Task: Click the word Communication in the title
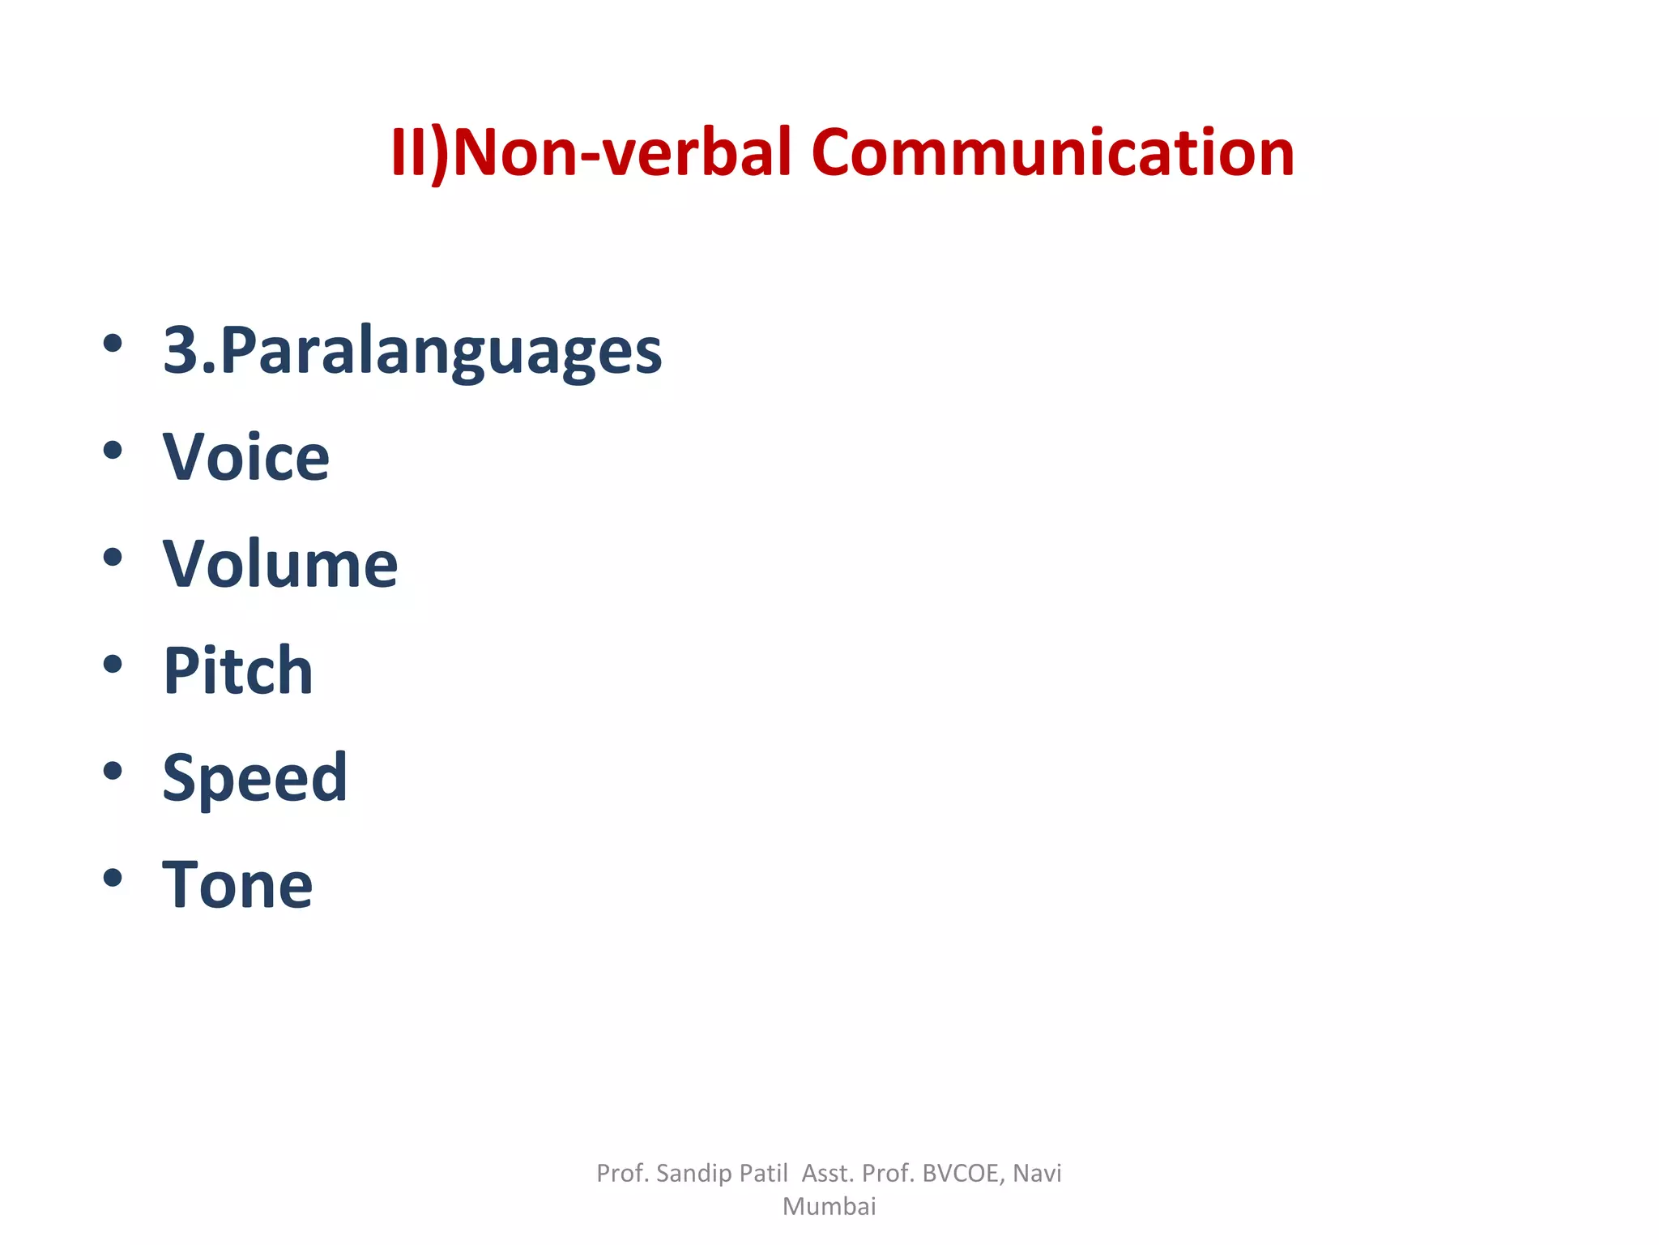[1052, 152]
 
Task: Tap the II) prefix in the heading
[420, 152]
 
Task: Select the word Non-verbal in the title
[622, 152]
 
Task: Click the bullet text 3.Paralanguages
[412, 351]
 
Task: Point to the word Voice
[246, 457]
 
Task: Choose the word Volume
[280, 564]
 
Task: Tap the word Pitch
[238, 671]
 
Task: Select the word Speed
[255, 778]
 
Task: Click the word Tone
[237, 884]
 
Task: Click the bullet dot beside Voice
[113, 451]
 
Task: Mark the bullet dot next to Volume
[113, 558]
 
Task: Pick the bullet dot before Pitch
[113, 665]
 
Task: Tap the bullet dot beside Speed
[113, 771]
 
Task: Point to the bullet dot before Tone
[113, 878]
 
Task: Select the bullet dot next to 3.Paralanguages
[113, 344]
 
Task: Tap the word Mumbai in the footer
[829, 1207]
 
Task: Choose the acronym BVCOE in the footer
[962, 1174]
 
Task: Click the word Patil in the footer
[763, 1174]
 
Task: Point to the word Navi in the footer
[1037, 1174]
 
